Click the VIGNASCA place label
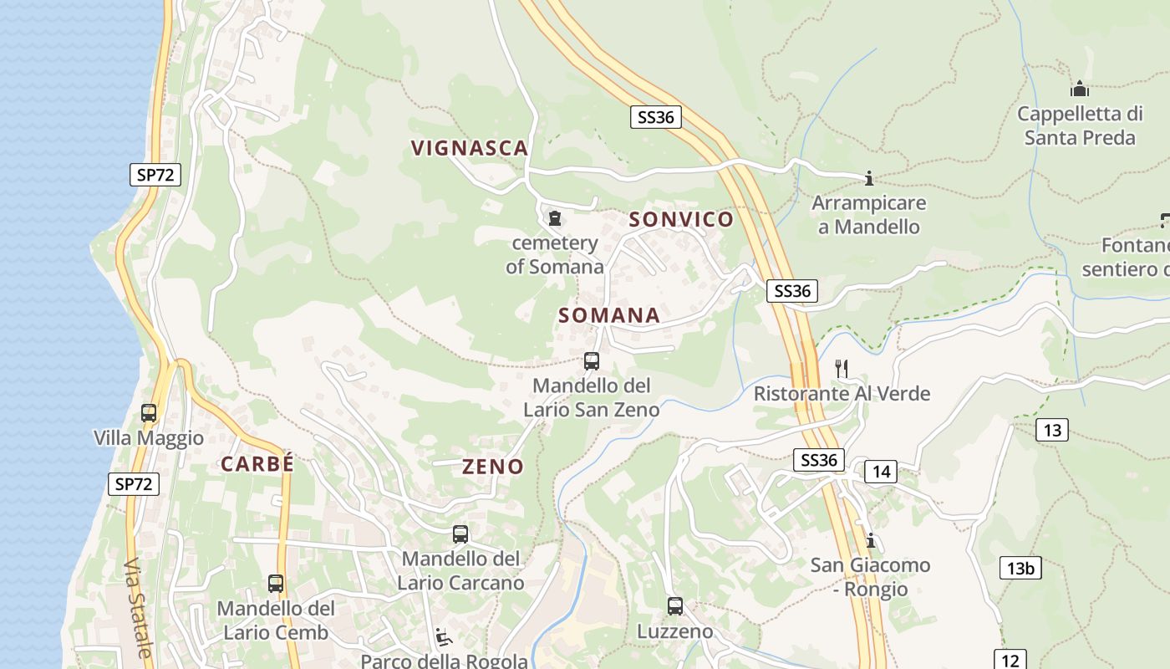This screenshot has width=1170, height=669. [x=470, y=148]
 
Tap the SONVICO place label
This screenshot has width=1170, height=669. [x=681, y=219]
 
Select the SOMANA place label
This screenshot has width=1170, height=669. [x=609, y=315]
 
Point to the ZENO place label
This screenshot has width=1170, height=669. [x=493, y=467]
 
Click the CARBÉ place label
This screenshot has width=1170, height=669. [x=257, y=464]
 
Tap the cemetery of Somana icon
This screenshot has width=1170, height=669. [x=554, y=219]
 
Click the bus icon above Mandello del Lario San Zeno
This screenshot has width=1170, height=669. [x=592, y=361]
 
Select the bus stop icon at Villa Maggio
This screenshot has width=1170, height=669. [x=149, y=412]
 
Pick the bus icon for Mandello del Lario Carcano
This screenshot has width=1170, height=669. [x=460, y=534]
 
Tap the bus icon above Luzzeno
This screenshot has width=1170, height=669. [x=675, y=606]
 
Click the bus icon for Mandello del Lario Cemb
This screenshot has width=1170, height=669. [x=276, y=584]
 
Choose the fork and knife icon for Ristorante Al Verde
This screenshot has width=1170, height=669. [x=842, y=368]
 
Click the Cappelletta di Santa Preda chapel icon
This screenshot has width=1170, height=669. [x=1080, y=89]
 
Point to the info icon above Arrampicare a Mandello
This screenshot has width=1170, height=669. [x=869, y=178]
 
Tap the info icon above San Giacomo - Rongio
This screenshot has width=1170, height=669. [x=871, y=540]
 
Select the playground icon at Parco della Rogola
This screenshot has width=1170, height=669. [x=444, y=638]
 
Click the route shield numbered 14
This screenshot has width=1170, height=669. [x=881, y=472]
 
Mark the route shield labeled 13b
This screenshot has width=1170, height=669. [x=1020, y=569]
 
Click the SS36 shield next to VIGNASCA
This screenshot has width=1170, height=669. [x=655, y=117]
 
